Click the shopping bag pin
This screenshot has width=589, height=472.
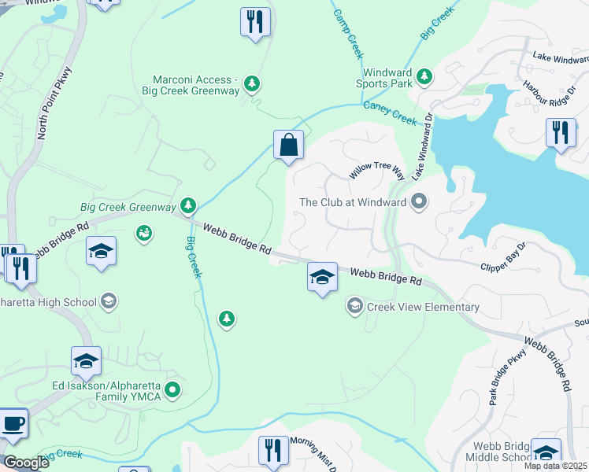[x=289, y=146]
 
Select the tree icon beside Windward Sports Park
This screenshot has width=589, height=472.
[x=424, y=76]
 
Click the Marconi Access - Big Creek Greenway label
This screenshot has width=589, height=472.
[x=197, y=85]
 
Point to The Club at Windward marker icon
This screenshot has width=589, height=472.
[x=418, y=202]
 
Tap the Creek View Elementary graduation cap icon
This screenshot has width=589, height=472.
[x=354, y=306]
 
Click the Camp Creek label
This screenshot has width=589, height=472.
[x=347, y=34]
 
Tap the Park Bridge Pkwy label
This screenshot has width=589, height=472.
[x=503, y=381]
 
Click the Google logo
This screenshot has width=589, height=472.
[x=26, y=463]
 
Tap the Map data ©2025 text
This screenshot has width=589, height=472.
[x=555, y=466]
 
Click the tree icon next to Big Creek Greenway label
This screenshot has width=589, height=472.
[x=187, y=206]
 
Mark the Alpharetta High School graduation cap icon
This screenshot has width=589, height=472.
[x=109, y=301]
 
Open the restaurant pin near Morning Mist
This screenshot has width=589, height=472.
[x=273, y=450]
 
